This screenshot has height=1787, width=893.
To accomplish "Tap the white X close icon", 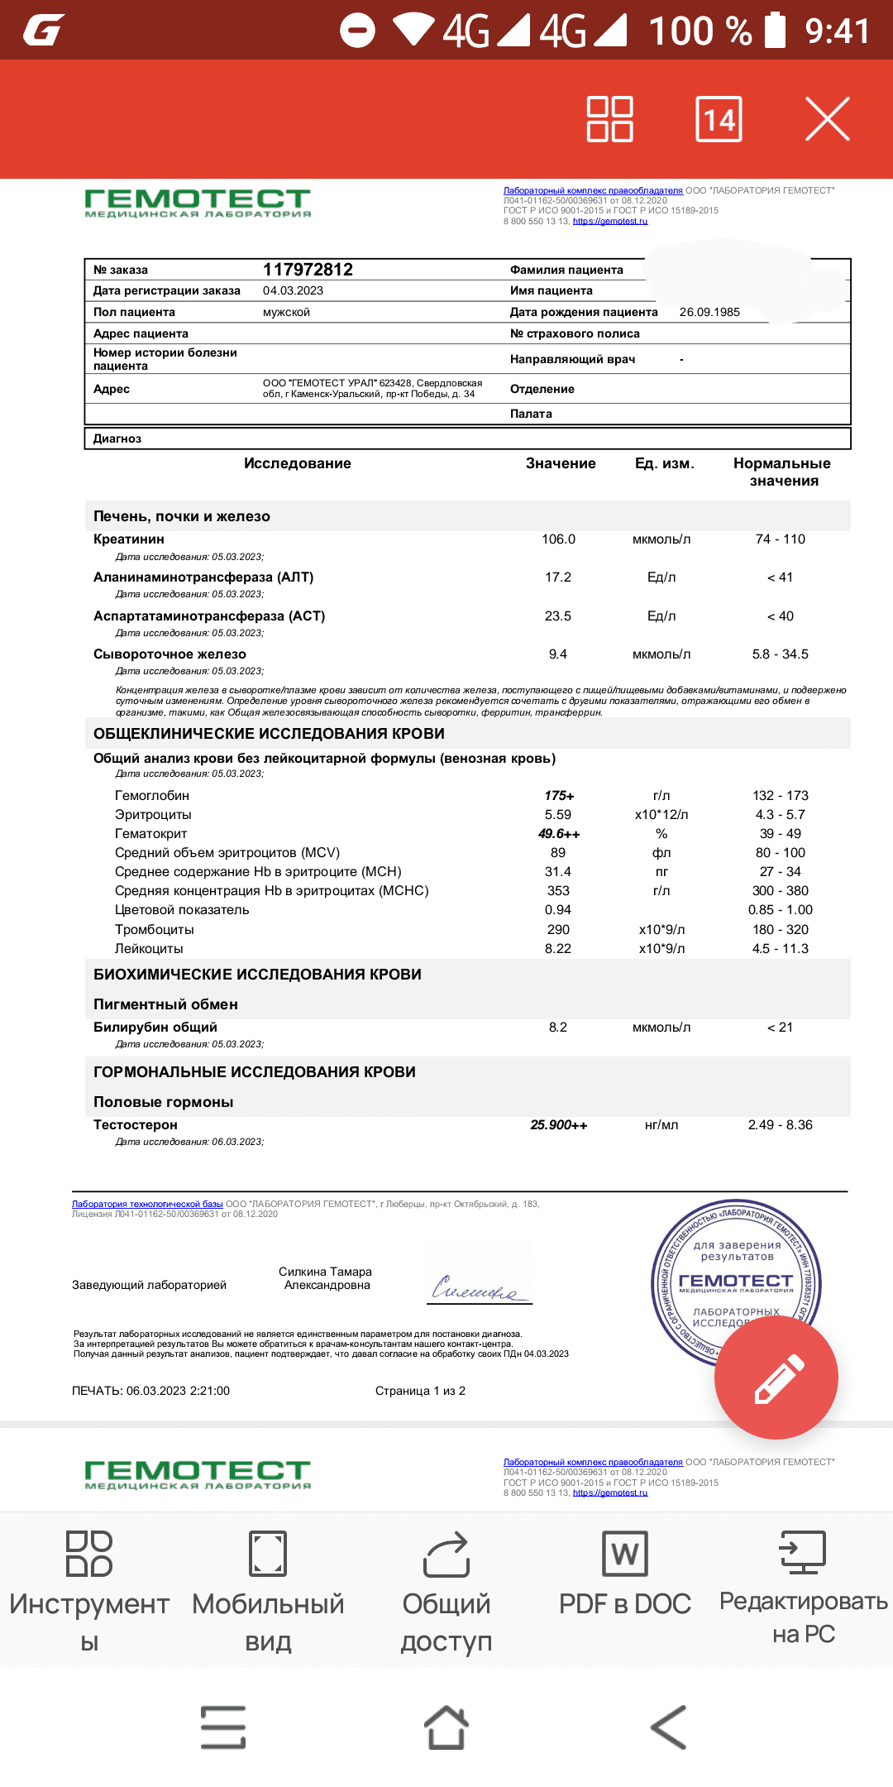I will pos(827,119).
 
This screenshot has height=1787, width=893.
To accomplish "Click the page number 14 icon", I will pos(719,119).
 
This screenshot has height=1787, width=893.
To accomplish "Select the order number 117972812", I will pos(308,270).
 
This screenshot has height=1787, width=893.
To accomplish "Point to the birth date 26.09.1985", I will pos(709,312).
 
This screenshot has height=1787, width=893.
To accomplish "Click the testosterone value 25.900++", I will pos(558,1125).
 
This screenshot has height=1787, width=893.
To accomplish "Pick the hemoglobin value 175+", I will pos(559,796).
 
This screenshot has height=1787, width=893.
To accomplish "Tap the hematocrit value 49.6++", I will pos(559,834).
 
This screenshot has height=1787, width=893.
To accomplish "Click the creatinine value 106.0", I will pos(558,539).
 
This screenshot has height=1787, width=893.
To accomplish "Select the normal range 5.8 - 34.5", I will pos(780,654).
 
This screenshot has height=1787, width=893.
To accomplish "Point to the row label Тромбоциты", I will pos(155,930).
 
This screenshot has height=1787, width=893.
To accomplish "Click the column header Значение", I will pos(561,463).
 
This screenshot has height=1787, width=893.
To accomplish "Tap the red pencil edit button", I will pos(776,1377).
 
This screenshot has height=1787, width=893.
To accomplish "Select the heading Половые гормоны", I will pos(164,1102).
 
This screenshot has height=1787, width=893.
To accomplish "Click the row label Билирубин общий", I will pos(155,1028).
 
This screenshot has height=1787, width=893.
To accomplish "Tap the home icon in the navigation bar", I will pos(446,1727).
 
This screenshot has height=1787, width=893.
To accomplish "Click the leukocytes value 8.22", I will pos(558,949).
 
